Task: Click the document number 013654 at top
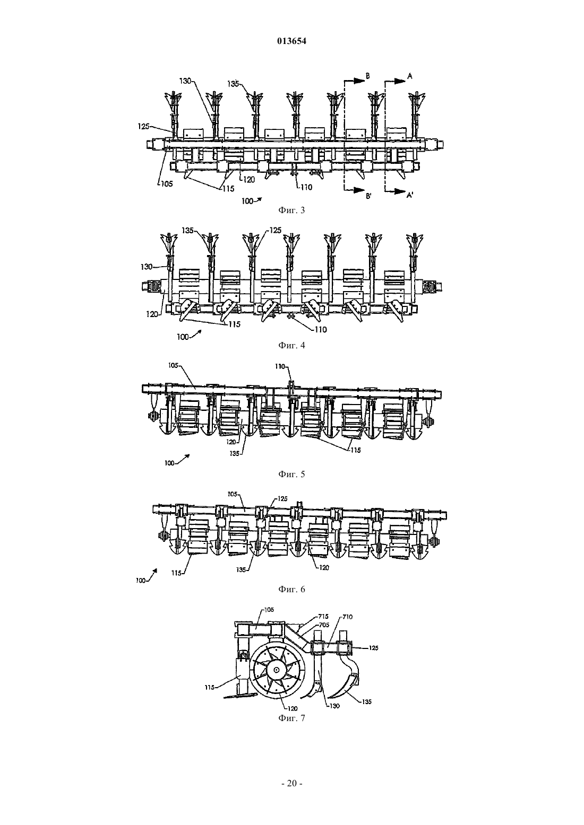291,41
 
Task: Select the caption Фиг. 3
291,210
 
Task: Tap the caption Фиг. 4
291,346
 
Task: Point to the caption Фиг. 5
291,474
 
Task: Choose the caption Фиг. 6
291,589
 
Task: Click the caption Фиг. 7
291,718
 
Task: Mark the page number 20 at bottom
291,784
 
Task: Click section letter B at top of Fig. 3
367,76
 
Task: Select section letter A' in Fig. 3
410,196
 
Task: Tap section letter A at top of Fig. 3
410,76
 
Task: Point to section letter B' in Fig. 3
368,196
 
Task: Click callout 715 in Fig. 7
323,617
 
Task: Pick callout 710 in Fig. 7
348,617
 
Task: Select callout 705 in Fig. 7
324,625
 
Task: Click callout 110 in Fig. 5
280,366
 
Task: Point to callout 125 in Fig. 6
282,499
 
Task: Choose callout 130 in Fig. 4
147,266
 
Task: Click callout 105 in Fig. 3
167,183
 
